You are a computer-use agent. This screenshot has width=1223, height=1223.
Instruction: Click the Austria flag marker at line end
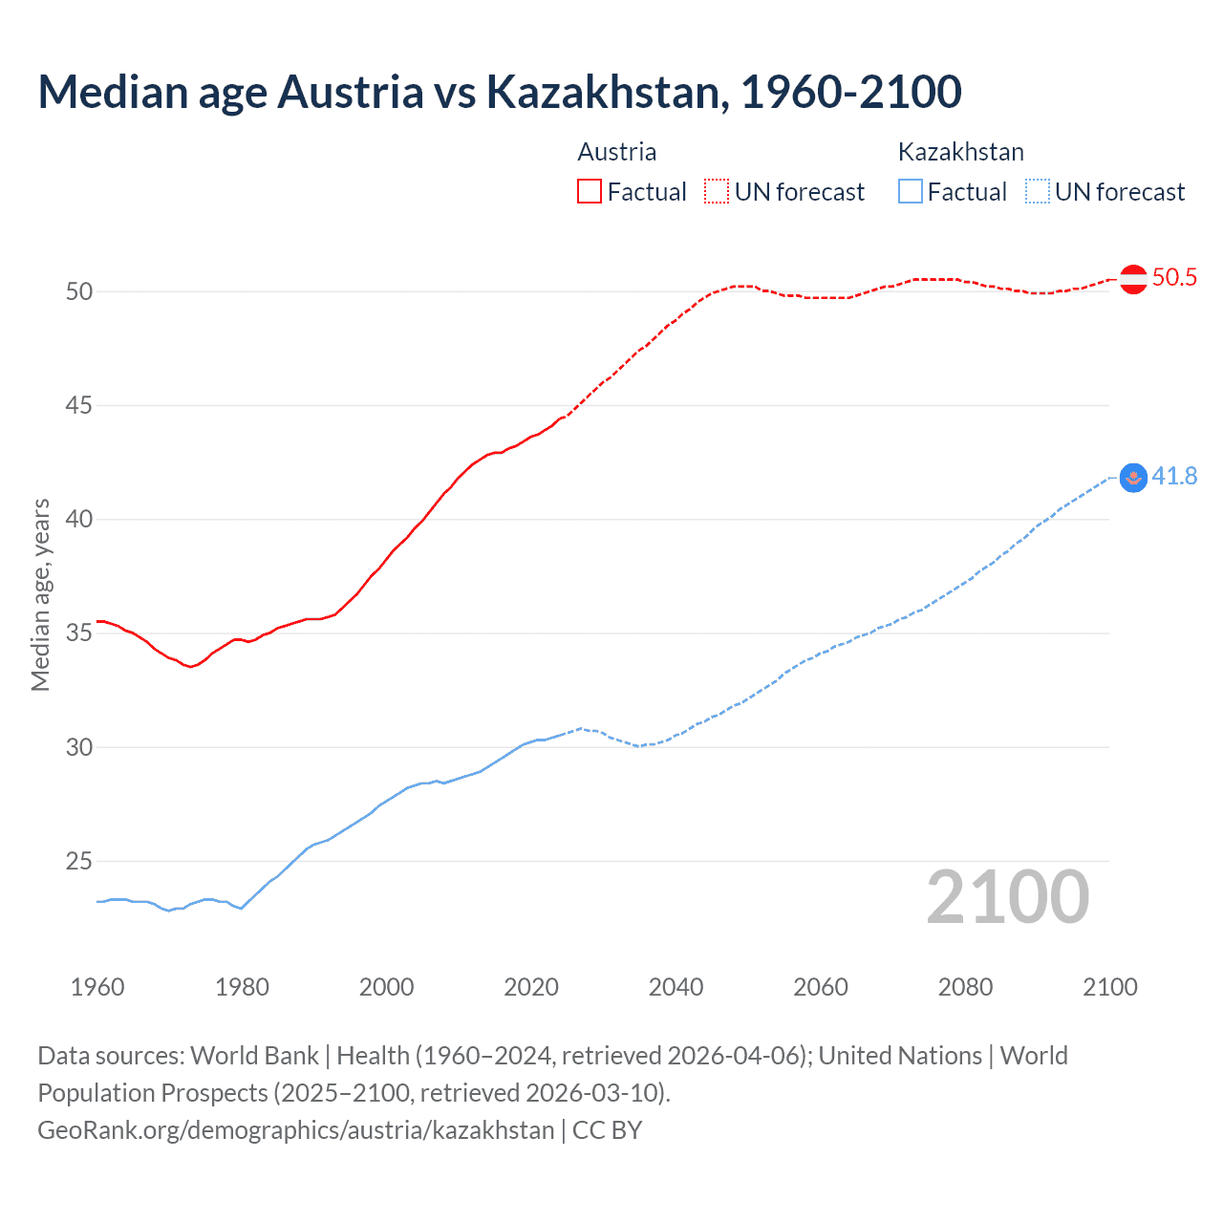(x=1133, y=279)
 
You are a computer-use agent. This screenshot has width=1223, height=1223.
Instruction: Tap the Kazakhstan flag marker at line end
(x=1133, y=478)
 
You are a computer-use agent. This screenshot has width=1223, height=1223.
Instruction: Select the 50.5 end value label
(x=1174, y=278)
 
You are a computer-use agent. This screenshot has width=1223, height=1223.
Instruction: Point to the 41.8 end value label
(x=1174, y=476)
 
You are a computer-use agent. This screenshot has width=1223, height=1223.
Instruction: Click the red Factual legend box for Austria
(x=590, y=192)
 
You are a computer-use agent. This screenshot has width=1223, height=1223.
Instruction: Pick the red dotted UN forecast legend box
(x=717, y=192)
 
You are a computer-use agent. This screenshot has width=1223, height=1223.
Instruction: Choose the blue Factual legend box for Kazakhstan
(x=911, y=192)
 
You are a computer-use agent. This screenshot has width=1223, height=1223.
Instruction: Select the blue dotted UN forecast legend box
(x=1038, y=192)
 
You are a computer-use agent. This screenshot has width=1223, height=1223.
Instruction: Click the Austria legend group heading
(x=617, y=152)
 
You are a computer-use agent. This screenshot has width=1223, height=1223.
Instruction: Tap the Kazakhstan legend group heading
(x=960, y=152)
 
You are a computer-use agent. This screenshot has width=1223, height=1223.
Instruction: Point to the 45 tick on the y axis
(x=79, y=406)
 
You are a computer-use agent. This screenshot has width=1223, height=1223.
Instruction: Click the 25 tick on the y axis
(x=79, y=862)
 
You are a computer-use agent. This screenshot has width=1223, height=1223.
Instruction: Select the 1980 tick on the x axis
(x=242, y=987)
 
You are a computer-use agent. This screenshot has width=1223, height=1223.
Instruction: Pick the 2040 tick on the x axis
(x=676, y=987)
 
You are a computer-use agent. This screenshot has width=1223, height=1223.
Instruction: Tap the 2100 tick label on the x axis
(x=1109, y=987)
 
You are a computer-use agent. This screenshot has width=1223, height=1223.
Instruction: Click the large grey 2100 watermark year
(x=1008, y=897)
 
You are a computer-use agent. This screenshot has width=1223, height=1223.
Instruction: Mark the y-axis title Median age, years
(x=40, y=594)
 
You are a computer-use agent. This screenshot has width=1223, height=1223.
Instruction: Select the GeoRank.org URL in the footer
(x=296, y=1130)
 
